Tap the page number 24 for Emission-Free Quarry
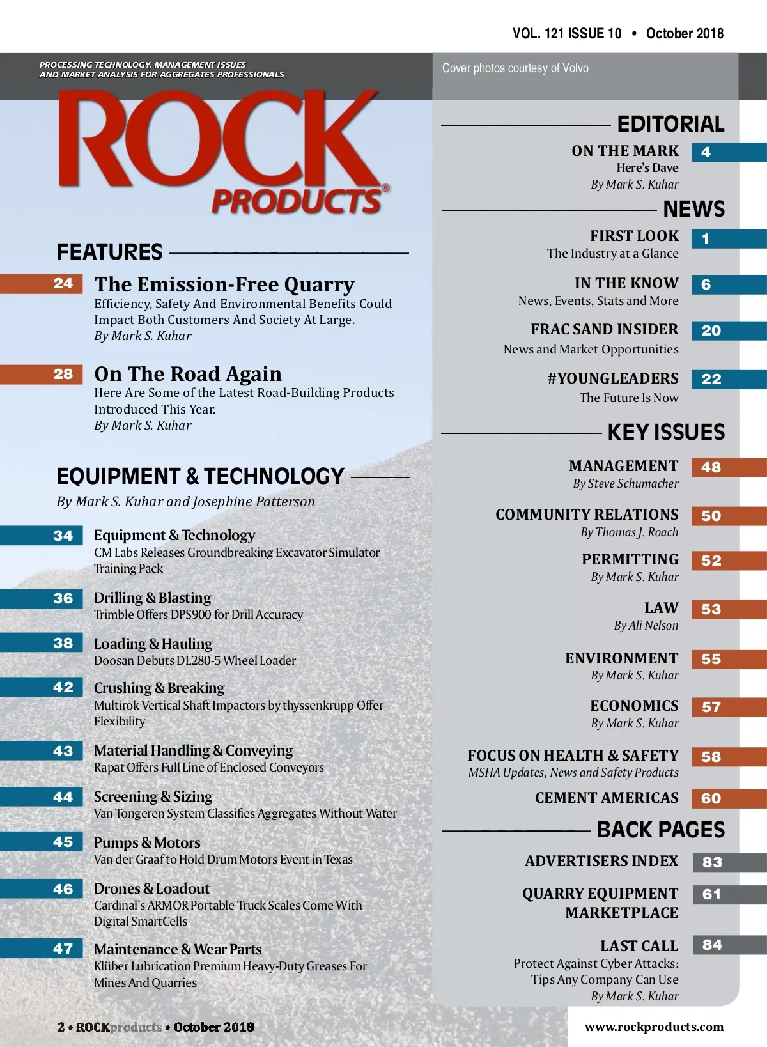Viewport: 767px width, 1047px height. tap(63, 283)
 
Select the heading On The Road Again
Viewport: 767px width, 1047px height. tap(188, 374)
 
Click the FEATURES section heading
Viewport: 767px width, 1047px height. tap(110, 252)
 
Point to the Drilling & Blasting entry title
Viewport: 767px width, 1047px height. tap(152, 598)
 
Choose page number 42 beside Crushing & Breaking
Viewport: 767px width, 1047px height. tap(63, 687)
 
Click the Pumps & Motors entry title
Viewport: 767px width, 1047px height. tap(147, 842)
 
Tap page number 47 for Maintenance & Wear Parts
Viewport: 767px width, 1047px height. tap(63, 949)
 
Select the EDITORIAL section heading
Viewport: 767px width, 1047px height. tap(670, 124)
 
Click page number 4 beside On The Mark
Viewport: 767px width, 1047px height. tap(706, 152)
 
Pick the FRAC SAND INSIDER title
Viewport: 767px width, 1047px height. tap(604, 329)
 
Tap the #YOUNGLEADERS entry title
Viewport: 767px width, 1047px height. tap(612, 378)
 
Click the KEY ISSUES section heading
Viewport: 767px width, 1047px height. tap(666, 432)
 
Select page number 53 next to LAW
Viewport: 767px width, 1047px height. tap(711, 609)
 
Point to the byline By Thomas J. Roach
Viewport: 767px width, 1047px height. tap(629, 532)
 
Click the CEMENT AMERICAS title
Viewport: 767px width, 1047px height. tap(607, 798)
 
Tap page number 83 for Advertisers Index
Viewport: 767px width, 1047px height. tap(711, 862)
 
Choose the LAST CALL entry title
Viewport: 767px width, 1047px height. tap(639, 946)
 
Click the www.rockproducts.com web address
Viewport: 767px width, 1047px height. tap(654, 1027)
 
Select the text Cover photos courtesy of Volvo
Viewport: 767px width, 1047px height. tap(515, 68)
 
